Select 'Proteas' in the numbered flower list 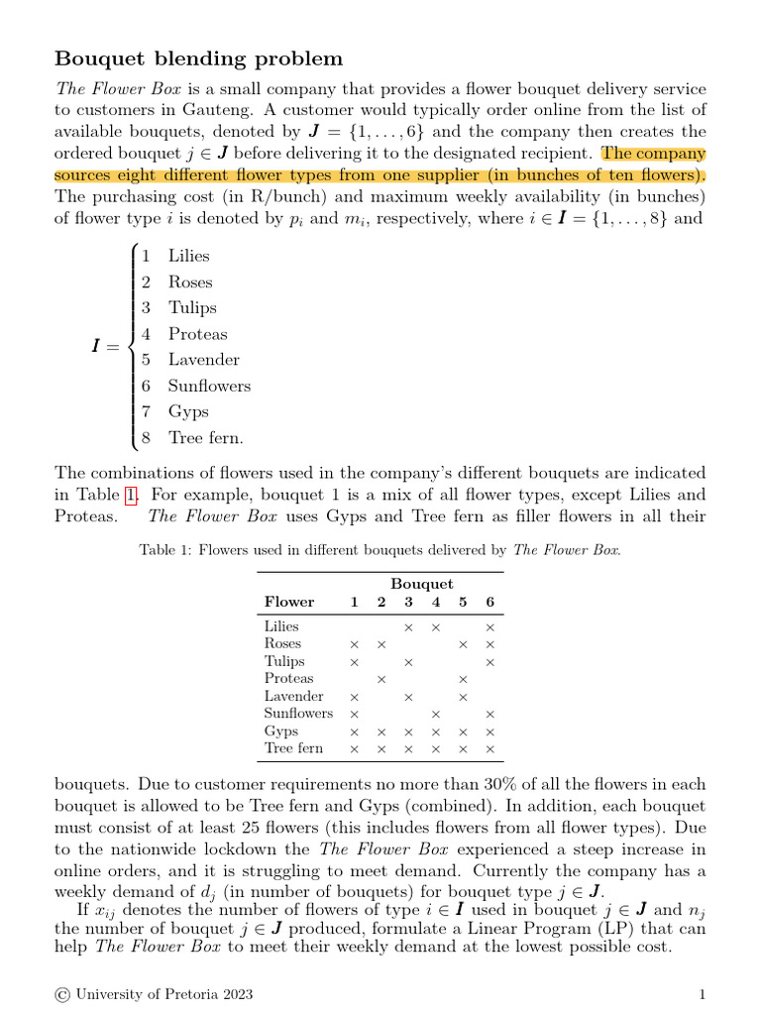click(197, 334)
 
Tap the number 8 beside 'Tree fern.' click(146, 437)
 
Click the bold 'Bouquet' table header click(421, 584)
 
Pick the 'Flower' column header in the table click(289, 603)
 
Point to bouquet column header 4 click(435, 603)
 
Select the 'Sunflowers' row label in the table click(298, 714)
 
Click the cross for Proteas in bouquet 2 click(380, 679)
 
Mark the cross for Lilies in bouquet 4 click(435, 627)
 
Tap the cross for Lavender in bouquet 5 click(462, 697)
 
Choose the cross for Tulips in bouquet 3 click(407, 662)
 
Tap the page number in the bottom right click(702, 994)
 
